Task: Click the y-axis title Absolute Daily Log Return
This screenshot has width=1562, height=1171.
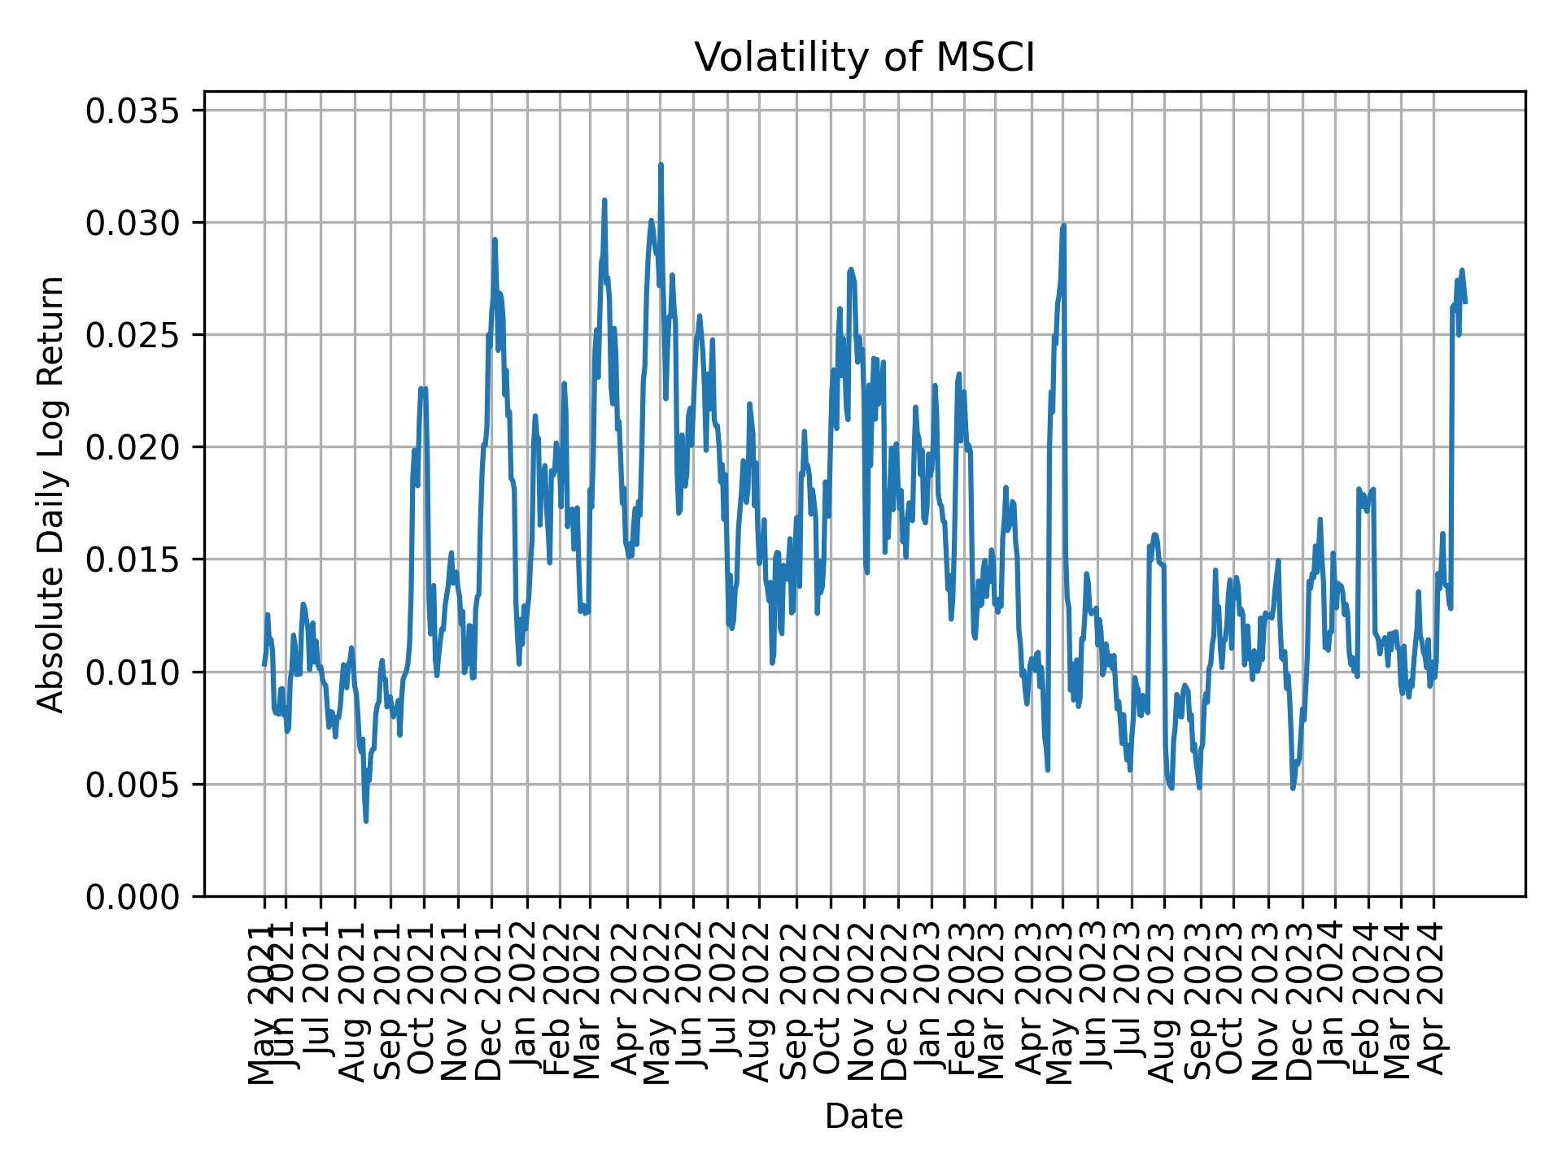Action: [x=52, y=494]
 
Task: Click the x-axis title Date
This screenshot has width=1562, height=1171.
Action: [x=864, y=1117]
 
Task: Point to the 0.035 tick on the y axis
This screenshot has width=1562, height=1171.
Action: [x=138, y=111]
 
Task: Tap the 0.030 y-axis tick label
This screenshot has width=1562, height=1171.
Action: [x=138, y=223]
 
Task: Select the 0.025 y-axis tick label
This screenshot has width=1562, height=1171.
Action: [x=138, y=335]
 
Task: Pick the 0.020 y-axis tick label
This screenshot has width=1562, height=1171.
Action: [x=138, y=447]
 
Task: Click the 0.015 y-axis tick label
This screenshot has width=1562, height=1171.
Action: [x=138, y=559]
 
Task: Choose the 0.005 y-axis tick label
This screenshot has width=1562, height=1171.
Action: [x=138, y=785]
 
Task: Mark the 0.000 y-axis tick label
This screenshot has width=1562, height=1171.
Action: [x=138, y=897]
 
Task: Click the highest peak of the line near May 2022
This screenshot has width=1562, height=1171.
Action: [x=661, y=164]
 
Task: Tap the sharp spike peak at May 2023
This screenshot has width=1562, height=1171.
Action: [x=1063, y=226]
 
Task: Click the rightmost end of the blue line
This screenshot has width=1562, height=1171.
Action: [x=1466, y=303]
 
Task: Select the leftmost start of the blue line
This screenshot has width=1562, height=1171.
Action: [x=264, y=665]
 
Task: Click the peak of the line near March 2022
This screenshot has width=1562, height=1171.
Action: [x=604, y=200]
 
